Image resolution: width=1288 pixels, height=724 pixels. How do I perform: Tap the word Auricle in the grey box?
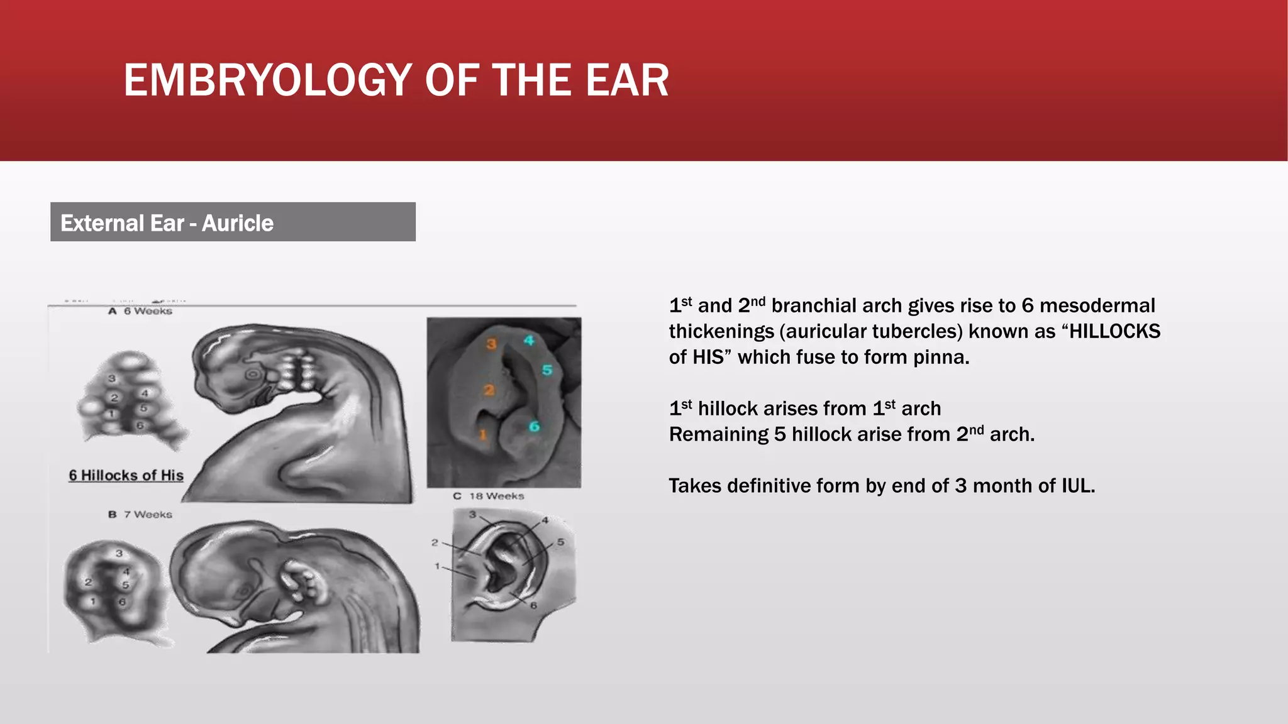pos(237,223)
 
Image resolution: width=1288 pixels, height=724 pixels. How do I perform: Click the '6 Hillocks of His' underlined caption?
pos(126,475)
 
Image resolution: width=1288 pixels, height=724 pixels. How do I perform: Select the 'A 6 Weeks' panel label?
pos(140,311)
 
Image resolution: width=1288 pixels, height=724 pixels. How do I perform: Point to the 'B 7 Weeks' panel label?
pos(140,514)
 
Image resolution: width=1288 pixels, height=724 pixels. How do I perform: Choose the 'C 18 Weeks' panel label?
pos(489,496)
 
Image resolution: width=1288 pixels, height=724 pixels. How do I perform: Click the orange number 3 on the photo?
pos(491,344)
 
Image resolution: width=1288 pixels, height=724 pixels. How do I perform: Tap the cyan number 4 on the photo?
pos(529,340)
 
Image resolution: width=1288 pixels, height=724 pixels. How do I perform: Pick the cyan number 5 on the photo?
pos(547,370)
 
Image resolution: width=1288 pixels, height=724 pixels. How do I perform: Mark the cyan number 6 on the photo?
pos(534,427)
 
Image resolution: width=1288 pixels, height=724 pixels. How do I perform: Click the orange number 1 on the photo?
pos(483,434)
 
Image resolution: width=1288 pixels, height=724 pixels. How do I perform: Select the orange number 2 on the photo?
pos(489,390)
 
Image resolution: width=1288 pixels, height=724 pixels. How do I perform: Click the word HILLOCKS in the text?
pos(1114,331)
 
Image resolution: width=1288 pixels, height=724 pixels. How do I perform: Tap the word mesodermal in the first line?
pos(1097,305)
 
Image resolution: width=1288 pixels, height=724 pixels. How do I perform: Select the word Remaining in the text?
pos(718,434)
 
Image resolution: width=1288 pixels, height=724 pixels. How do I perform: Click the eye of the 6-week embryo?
pos(252,375)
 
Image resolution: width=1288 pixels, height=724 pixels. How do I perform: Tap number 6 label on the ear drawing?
pos(533,605)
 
